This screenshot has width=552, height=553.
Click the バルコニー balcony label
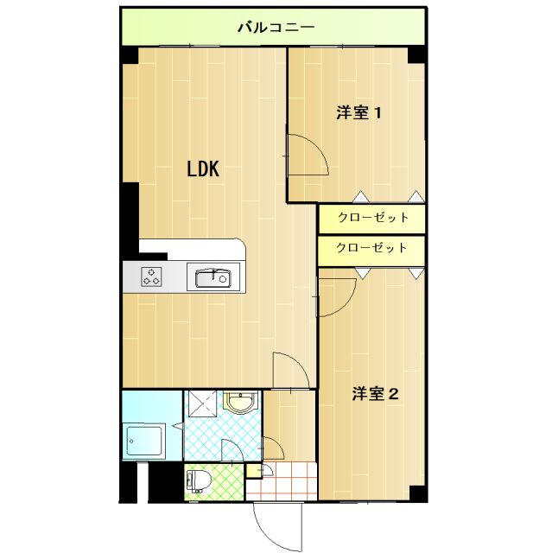click(x=276, y=27)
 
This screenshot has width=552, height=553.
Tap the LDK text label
click(x=203, y=168)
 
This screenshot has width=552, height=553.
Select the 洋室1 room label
click(x=358, y=113)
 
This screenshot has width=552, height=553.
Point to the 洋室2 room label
click(x=376, y=394)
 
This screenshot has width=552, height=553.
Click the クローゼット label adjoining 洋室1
click(x=373, y=217)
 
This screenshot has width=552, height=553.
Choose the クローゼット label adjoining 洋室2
click(x=371, y=248)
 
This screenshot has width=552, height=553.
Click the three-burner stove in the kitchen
click(x=151, y=276)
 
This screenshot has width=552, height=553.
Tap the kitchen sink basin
click(x=213, y=277)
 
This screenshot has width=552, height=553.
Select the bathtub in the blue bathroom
click(x=143, y=442)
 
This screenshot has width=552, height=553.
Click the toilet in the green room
click(x=198, y=482)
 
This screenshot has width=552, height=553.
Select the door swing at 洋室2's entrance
click(x=347, y=303)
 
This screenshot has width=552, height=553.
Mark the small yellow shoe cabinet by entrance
click(x=253, y=471)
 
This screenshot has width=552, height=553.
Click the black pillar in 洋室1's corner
click(x=416, y=55)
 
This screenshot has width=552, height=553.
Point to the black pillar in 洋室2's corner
click(x=418, y=493)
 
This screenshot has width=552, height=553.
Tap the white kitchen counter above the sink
click(x=192, y=250)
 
